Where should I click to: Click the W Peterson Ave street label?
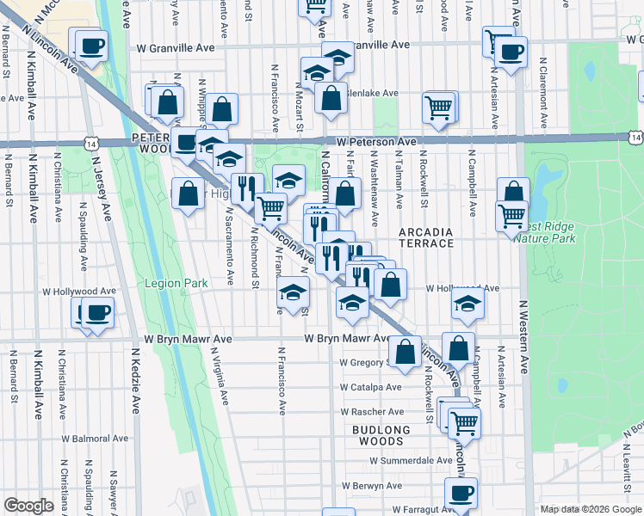coord(376,141)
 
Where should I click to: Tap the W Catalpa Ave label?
coord(370,387)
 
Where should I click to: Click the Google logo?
coord(29,506)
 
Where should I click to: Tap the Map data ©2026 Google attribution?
coord(591,509)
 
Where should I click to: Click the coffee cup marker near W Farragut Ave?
coord(461,494)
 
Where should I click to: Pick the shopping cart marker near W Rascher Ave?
coord(464,421)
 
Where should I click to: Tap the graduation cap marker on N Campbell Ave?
coord(468,304)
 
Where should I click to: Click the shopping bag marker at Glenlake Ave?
coord(331,97)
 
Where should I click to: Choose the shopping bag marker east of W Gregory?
coord(460,348)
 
